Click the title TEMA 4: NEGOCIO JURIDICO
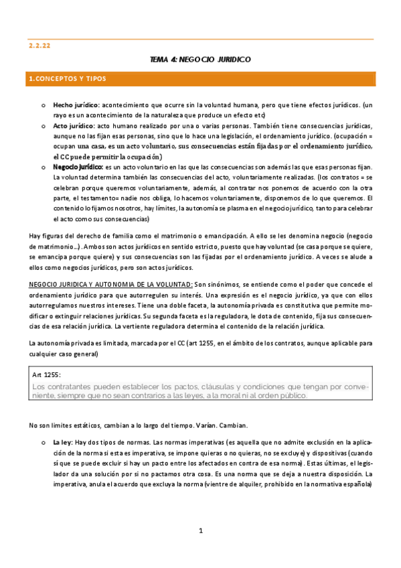(200, 60)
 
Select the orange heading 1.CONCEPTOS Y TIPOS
(67, 79)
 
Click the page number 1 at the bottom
(200, 531)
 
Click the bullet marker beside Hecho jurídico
(42, 106)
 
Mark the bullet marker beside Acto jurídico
(42, 127)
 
